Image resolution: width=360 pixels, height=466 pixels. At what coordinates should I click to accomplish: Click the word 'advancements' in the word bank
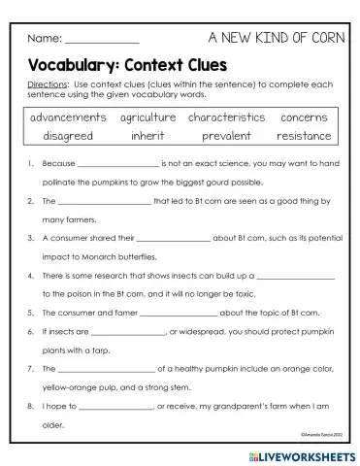pos(67,117)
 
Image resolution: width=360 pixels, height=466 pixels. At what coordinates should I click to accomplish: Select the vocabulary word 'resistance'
pos(304,136)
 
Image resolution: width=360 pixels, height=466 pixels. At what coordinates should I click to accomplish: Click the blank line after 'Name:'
pos(101,41)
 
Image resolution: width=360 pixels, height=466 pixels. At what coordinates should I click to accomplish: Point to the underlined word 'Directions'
pos(48,85)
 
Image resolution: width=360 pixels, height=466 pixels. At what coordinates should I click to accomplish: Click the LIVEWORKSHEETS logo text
pos(301,454)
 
